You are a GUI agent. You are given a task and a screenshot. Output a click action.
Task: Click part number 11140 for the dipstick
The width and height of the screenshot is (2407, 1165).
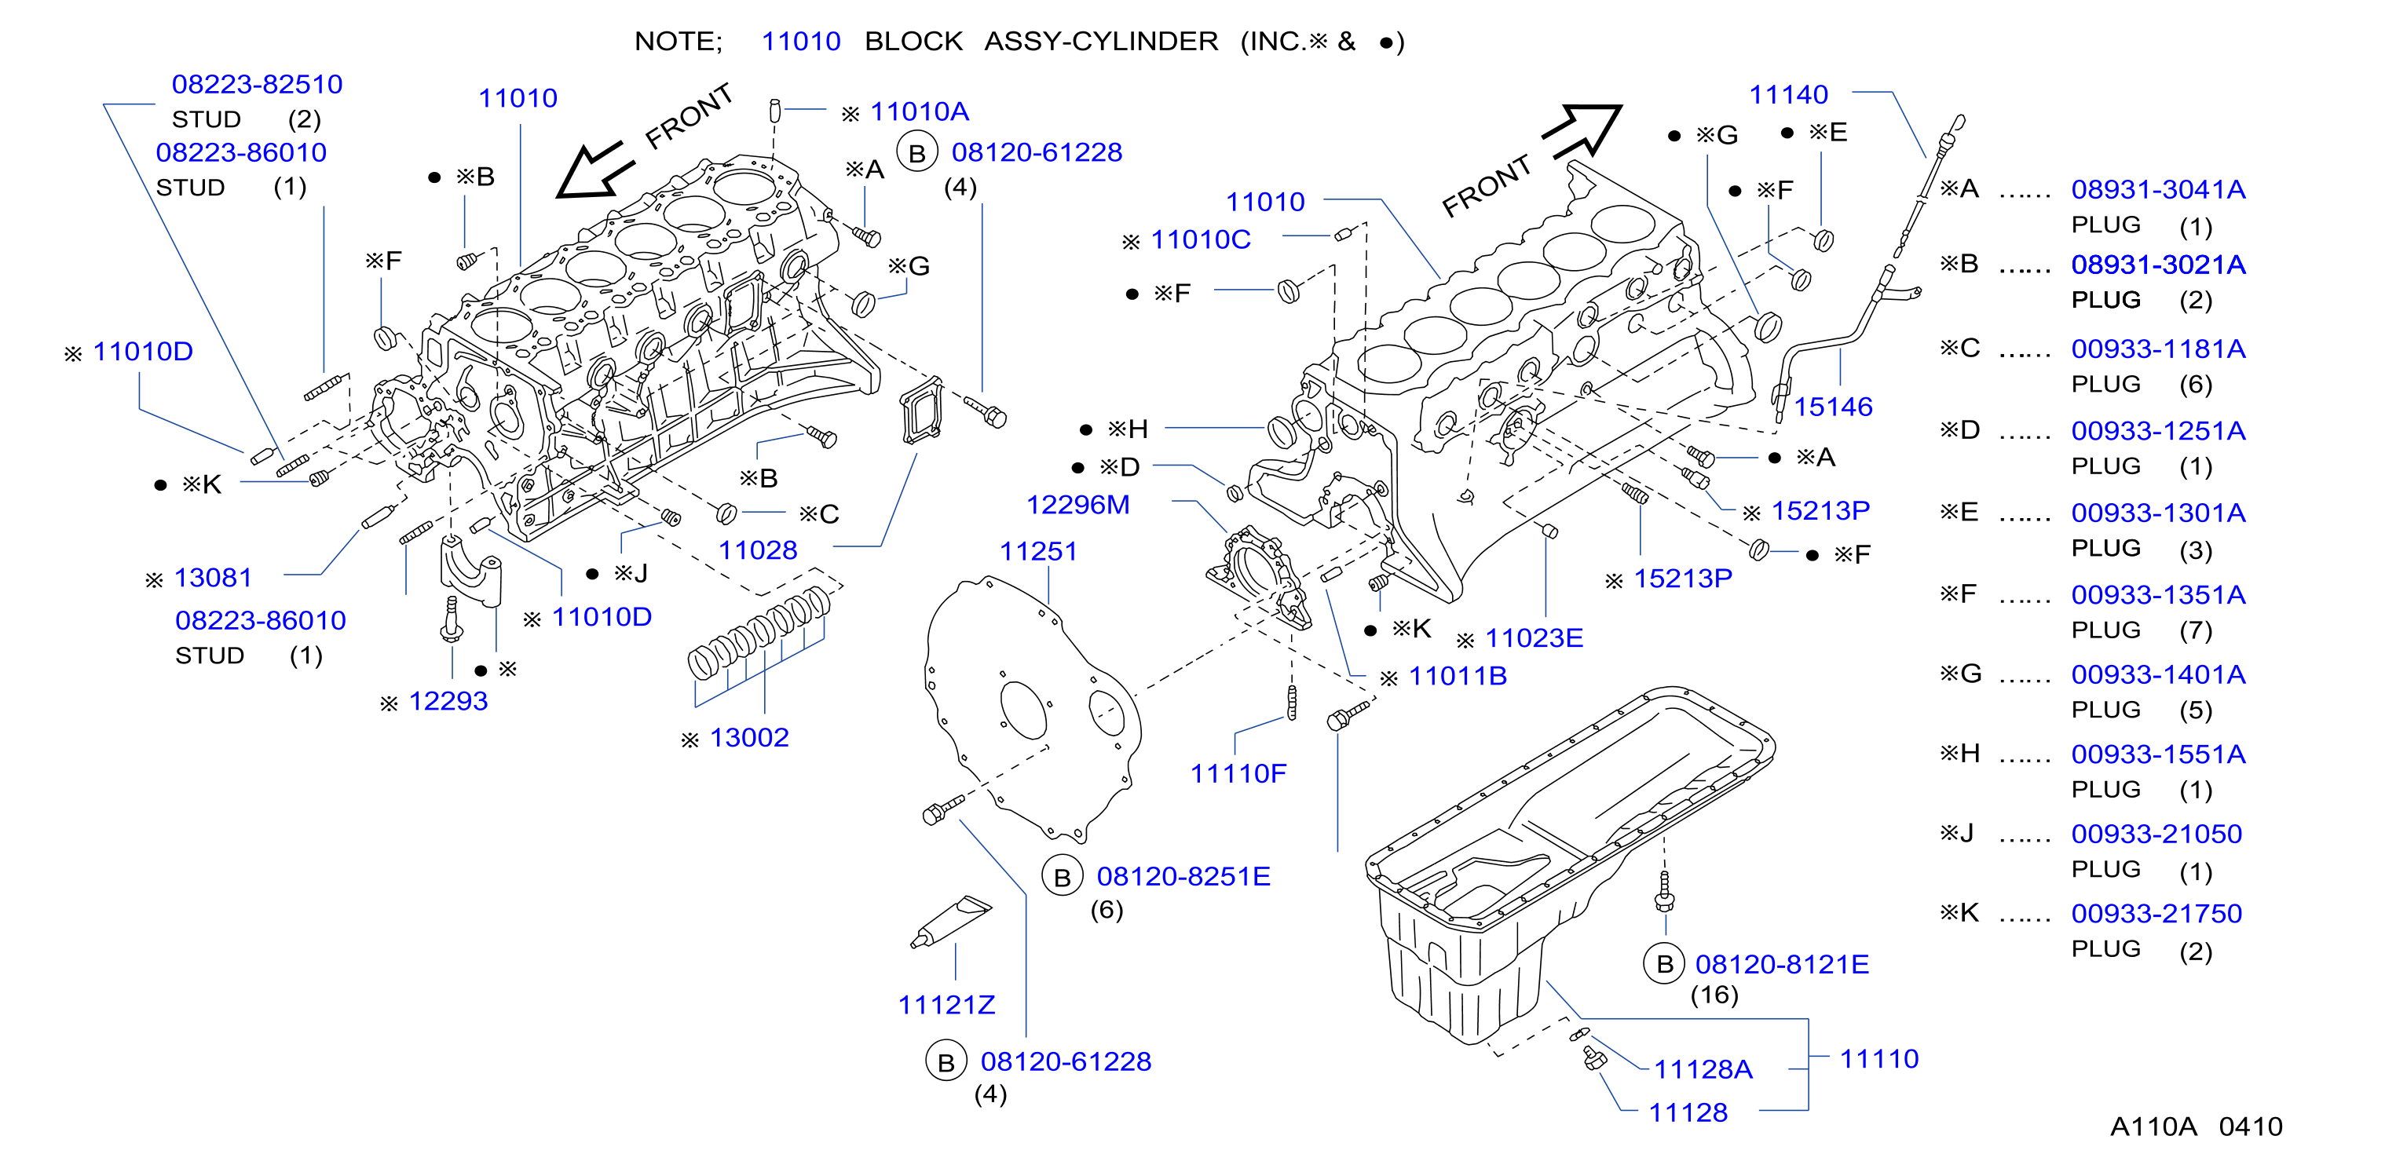tap(1788, 94)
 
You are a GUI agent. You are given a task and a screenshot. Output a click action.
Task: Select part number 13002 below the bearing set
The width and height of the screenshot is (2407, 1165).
tap(748, 737)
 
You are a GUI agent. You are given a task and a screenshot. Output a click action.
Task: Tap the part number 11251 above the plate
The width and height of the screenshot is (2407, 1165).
tap(1038, 551)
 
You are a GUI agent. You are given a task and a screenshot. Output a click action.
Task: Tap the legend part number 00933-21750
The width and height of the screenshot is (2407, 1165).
tap(2156, 913)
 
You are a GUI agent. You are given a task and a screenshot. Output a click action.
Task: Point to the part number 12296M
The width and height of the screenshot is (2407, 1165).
tap(1077, 505)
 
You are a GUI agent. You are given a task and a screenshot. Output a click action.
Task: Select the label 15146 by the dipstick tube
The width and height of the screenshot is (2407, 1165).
tap(1832, 407)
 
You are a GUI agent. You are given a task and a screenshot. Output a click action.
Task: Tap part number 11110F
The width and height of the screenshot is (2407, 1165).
tap(1238, 772)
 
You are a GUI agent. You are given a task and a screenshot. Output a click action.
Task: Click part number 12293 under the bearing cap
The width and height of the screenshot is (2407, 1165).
tap(448, 701)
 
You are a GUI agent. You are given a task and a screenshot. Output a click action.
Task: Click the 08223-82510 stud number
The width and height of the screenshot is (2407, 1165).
tap(257, 84)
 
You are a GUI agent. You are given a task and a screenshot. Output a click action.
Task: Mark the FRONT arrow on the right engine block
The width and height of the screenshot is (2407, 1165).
tap(1582, 131)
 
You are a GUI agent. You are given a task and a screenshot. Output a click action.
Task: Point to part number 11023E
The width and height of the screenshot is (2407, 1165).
tap(1534, 638)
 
